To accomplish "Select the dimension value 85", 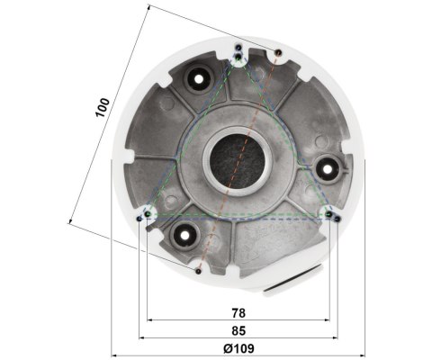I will pyautogui.click(x=238, y=329).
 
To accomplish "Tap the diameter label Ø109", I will pyautogui.click(x=238, y=347).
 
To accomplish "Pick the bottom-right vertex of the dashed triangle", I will pyautogui.click(x=329, y=214).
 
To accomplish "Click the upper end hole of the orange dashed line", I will pyautogui.click(x=277, y=51).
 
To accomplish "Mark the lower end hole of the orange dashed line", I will pyautogui.click(x=198, y=268).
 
